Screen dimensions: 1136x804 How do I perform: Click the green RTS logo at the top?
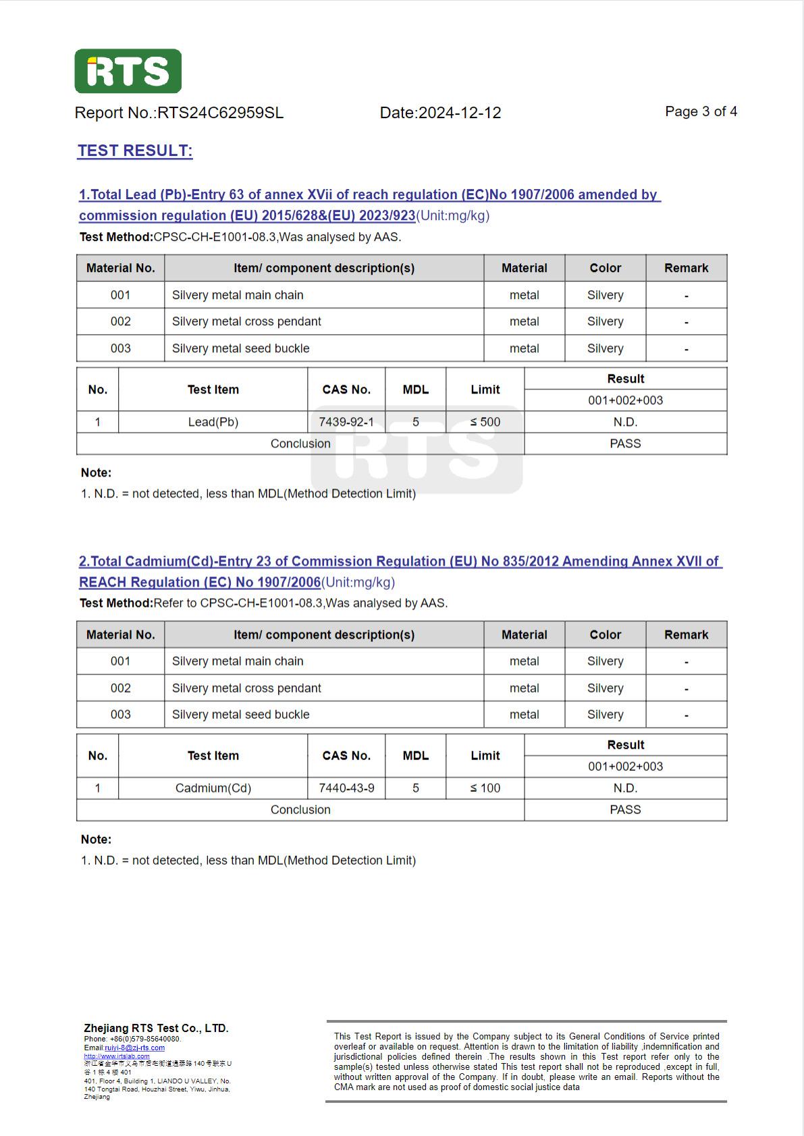point(128,71)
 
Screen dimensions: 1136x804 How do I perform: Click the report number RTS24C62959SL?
point(220,113)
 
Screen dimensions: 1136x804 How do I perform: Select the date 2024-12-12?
point(460,113)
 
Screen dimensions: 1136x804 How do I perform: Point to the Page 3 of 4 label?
point(701,111)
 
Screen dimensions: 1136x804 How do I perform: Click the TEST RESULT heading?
point(135,151)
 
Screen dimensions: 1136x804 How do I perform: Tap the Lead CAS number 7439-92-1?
point(346,422)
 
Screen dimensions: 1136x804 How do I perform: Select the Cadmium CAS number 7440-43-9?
point(346,788)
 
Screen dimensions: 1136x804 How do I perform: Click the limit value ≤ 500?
point(485,422)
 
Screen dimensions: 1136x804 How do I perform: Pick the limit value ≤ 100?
point(485,788)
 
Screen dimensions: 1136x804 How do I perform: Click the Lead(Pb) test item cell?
point(213,422)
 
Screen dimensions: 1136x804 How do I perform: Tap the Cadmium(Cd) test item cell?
point(213,788)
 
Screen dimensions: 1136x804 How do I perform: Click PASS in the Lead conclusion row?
point(625,443)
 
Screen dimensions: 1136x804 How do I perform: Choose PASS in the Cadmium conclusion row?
point(625,809)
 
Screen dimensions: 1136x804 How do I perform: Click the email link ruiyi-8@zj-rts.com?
point(134,1048)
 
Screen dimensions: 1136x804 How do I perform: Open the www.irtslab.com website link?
point(117,1056)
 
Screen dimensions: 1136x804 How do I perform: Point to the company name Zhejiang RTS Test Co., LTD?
point(156,1028)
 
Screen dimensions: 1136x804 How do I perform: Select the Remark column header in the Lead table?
point(686,268)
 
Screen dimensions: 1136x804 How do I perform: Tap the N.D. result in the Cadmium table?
point(625,788)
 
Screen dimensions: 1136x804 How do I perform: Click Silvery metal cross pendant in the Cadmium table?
point(246,688)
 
